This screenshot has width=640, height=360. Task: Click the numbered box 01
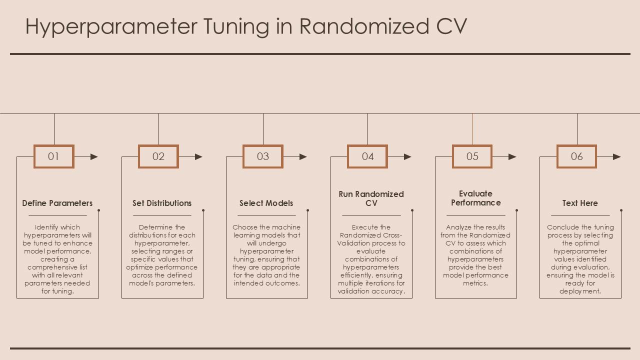coord(53,156)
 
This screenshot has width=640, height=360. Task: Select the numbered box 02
coord(158,156)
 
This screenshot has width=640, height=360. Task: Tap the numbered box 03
coord(263,156)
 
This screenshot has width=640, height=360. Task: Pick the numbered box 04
coord(367,156)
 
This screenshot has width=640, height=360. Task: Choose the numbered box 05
coord(472,156)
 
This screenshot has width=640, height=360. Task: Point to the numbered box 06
coord(576,156)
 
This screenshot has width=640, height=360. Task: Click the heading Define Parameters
coord(57,203)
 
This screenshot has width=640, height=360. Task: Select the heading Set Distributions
coord(162,203)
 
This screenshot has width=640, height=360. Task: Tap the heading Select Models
coord(266,203)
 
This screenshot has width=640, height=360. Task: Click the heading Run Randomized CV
coord(371,198)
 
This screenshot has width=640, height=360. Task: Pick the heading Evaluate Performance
coord(475,198)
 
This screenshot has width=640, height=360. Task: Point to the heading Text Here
coord(580,203)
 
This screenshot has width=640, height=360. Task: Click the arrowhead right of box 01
coord(94,156)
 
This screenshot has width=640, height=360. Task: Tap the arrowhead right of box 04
coord(407,156)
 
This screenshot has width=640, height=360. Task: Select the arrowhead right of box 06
coord(617,156)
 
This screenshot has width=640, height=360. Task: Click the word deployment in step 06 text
coord(580,291)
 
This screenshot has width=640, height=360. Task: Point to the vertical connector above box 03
coord(263,129)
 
